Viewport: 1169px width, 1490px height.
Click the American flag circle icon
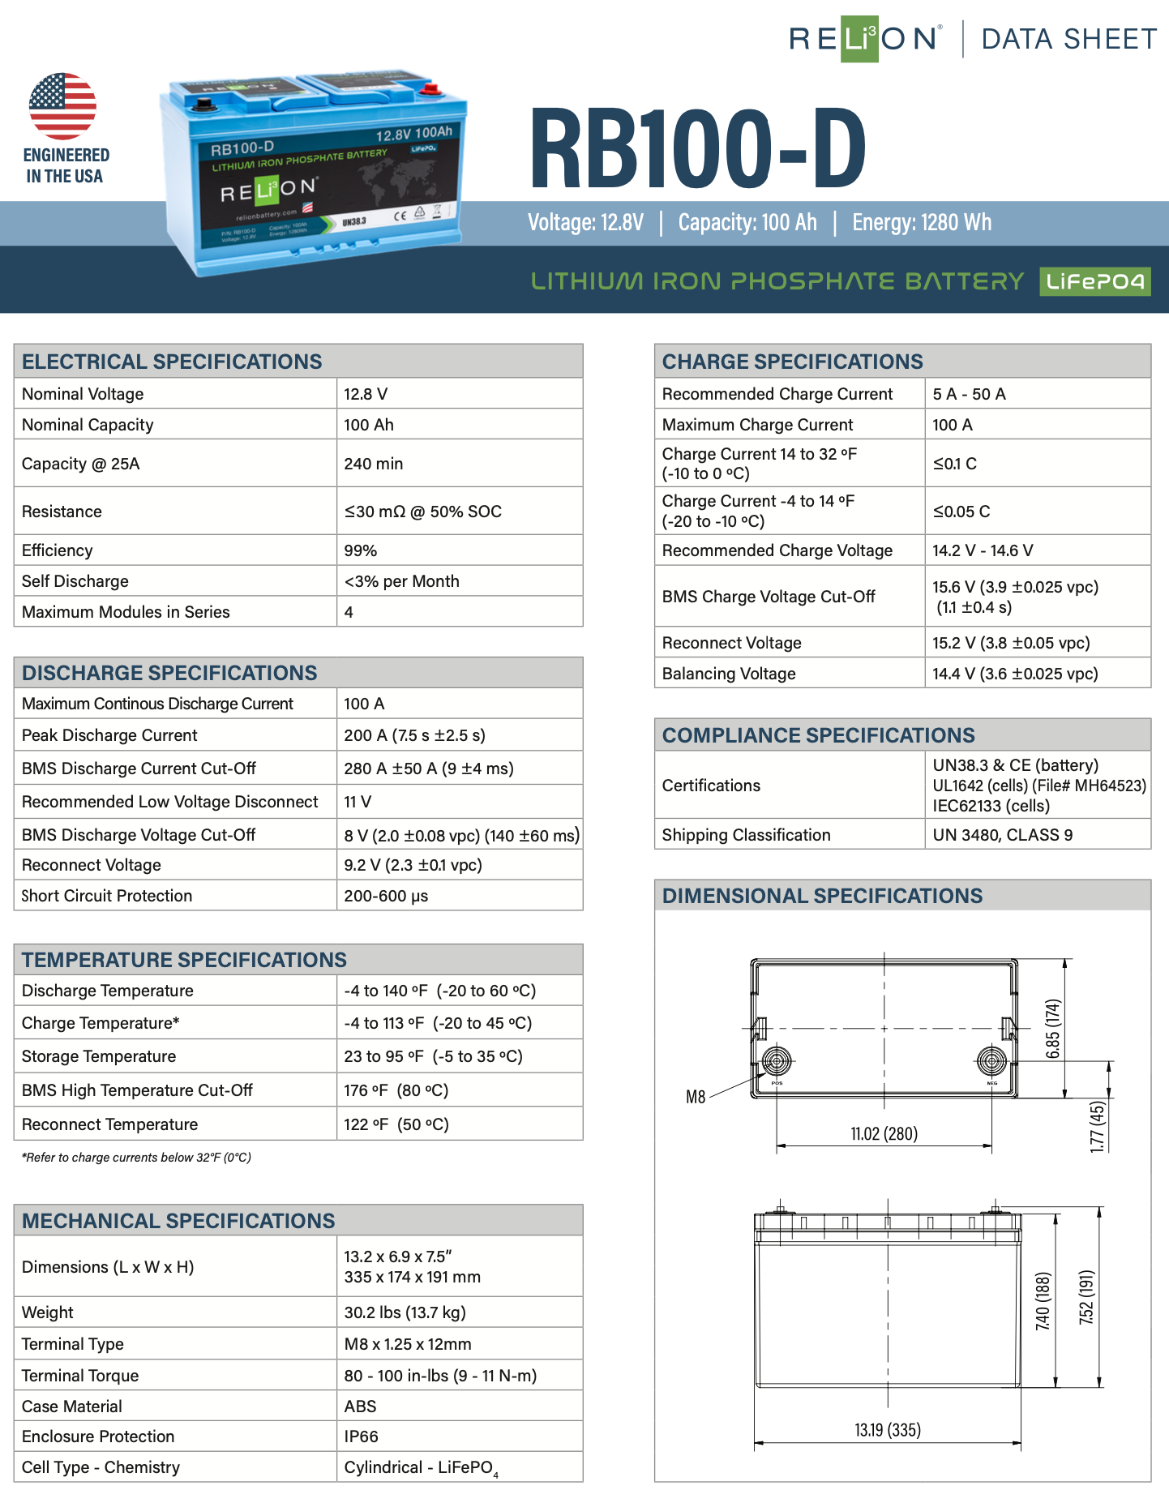coord(62,106)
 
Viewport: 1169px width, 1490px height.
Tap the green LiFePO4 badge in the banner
coord(1094,281)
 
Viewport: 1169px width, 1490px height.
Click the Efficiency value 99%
coord(361,550)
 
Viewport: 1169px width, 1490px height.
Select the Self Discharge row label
coord(75,581)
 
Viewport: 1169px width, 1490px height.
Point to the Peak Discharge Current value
coord(414,735)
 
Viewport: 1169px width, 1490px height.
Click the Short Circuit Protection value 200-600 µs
coord(386,896)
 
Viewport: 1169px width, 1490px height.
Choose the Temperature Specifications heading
coord(184,960)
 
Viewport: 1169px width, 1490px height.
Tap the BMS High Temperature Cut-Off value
coord(396,1090)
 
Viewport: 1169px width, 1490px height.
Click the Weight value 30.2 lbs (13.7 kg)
coord(405,1312)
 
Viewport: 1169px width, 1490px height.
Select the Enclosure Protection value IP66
coord(361,1436)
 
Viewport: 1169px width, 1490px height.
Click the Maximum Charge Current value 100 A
coord(952,425)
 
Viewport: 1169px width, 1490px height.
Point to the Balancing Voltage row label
coord(729,674)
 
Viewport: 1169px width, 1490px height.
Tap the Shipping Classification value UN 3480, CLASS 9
coord(1002,835)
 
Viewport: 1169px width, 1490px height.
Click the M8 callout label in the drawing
coord(696,1098)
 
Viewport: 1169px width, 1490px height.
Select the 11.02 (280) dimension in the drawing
coord(884,1133)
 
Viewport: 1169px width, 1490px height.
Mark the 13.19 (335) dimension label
coord(888,1430)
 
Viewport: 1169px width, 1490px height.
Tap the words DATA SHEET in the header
coord(1068,39)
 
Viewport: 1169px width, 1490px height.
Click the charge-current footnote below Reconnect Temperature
coord(136,1158)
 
